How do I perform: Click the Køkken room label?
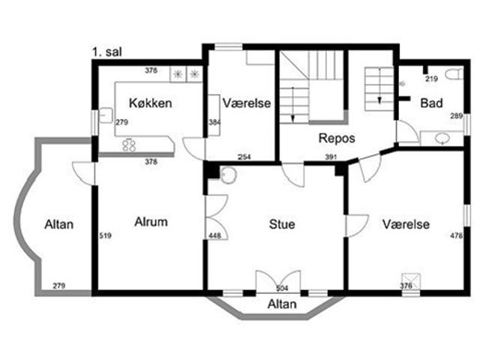150,103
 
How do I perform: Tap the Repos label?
337,138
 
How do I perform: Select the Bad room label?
431,103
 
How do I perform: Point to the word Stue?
282,224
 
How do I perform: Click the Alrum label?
151,222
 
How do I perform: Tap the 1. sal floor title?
107,52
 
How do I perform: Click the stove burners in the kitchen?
129,145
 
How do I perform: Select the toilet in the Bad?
454,74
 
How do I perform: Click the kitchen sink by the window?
106,115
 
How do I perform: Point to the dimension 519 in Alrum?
105,235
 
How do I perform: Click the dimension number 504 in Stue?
282,288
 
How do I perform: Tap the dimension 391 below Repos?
331,157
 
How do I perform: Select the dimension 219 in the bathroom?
432,79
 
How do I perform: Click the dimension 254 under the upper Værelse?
244,157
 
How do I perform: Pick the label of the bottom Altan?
282,304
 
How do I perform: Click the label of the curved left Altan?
59,224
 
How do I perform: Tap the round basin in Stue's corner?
228,175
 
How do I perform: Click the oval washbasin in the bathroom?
442,138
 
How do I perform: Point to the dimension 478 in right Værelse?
456,235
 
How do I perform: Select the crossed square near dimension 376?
411,280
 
